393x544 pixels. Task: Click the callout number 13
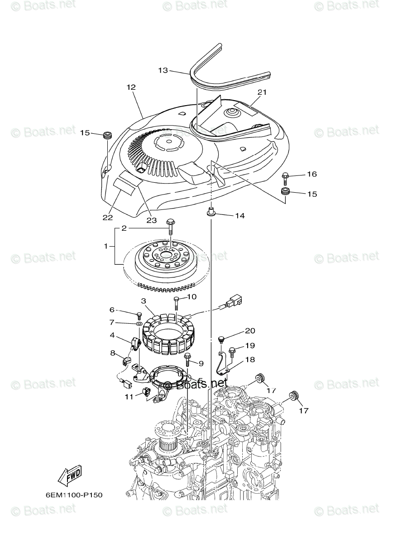(163, 70)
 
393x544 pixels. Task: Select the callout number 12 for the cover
(131, 87)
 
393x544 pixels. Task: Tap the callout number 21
(262, 92)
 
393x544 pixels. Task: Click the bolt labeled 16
(286, 175)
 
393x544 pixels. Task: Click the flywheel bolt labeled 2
(170, 223)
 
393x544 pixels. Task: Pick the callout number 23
(151, 220)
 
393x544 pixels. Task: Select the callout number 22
(107, 217)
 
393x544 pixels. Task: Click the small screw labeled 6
(139, 314)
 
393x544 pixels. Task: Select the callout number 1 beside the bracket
(106, 246)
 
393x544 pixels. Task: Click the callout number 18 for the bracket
(250, 359)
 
